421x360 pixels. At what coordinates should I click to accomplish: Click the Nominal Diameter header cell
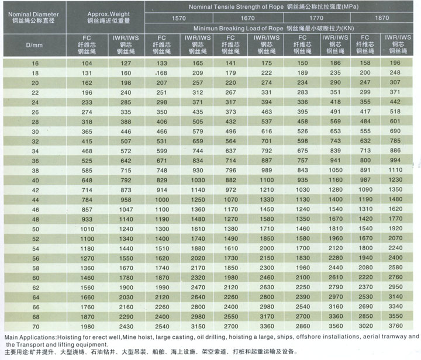tap(33, 18)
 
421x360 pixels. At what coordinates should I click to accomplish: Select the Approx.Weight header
tap(109, 18)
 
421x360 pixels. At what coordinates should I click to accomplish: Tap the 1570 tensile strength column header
tap(179, 18)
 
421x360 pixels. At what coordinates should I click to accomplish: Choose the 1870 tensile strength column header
tap(382, 18)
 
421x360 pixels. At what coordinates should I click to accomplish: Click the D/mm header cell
tap(34, 45)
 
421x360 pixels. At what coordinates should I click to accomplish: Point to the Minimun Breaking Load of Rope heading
tap(274, 29)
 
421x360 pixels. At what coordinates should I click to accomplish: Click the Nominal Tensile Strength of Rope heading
tap(274, 6)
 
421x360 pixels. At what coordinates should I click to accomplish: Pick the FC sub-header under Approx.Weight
tap(87, 44)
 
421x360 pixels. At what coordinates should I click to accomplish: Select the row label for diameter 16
tap(35, 64)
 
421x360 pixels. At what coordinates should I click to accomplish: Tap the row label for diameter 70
tap(36, 327)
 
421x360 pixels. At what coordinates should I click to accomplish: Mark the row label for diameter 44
tap(36, 200)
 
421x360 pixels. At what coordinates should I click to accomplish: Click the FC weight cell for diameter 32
tap(87, 141)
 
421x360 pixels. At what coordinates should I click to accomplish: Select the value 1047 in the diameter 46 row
tap(126, 209)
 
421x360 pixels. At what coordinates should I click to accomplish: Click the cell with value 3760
tap(395, 326)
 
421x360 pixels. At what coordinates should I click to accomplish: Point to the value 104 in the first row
tap(87, 63)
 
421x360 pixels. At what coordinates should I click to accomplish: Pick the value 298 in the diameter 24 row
tap(161, 102)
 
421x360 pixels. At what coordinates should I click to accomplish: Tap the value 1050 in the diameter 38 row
tap(336, 170)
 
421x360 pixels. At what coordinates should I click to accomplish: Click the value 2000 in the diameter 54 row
tap(267, 248)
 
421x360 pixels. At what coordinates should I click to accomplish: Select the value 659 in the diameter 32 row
tap(198, 141)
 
